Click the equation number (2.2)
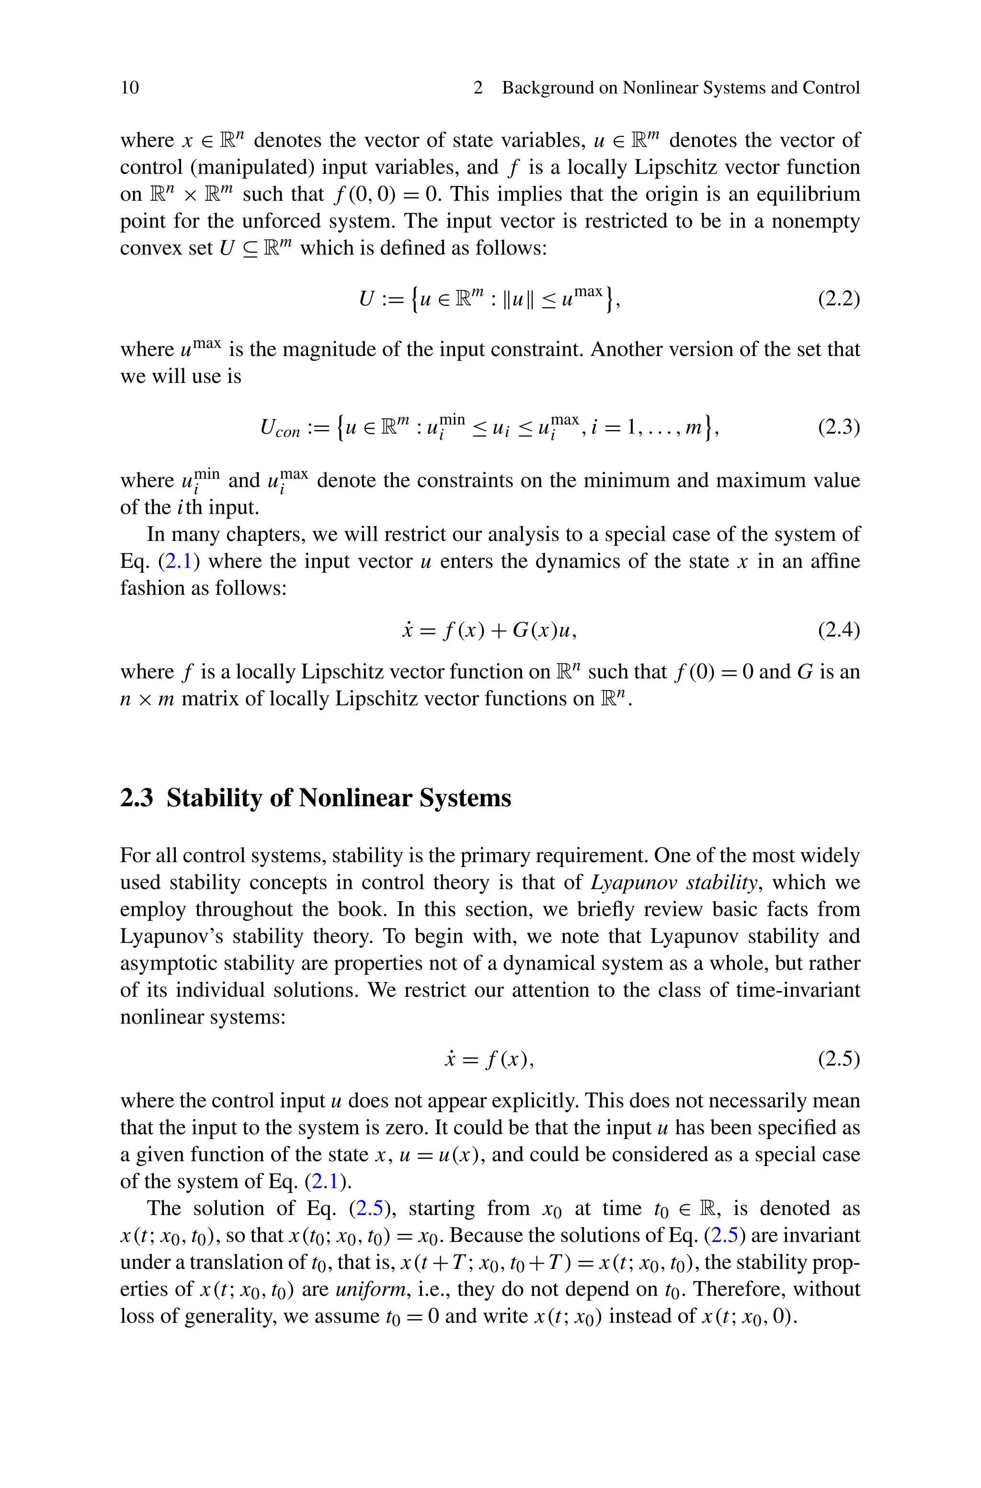click(838, 299)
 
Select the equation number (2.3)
click(838, 427)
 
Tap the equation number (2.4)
click(838, 630)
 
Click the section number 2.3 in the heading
click(137, 798)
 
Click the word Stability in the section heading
click(213, 798)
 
